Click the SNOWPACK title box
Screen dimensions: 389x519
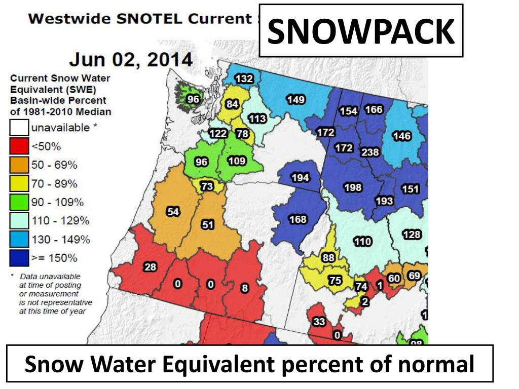[x=361, y=31]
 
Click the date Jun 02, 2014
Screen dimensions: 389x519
[x=130, y=60]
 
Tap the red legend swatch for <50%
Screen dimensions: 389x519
[x=19, y=147]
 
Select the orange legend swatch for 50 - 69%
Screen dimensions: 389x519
[x=19, y=166]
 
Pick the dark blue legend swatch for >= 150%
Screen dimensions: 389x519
[x=19, y=258]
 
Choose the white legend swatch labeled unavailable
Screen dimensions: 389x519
[x=19, y=128]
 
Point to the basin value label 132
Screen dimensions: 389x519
[x=244, y=79]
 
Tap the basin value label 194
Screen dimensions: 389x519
[x=300, y=178]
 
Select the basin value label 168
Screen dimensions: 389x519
[x=298, y=219]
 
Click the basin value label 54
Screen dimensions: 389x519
[x=173, y=212]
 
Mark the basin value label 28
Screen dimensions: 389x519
[x=151, y=267]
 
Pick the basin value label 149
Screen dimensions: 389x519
[x=295, y=99]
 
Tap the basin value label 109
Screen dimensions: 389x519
[x=237, y=162]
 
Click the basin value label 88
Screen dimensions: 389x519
[x=328, y=257]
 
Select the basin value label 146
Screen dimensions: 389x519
[x=401, y=136]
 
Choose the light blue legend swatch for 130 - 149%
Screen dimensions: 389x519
[x=19, y=240]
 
